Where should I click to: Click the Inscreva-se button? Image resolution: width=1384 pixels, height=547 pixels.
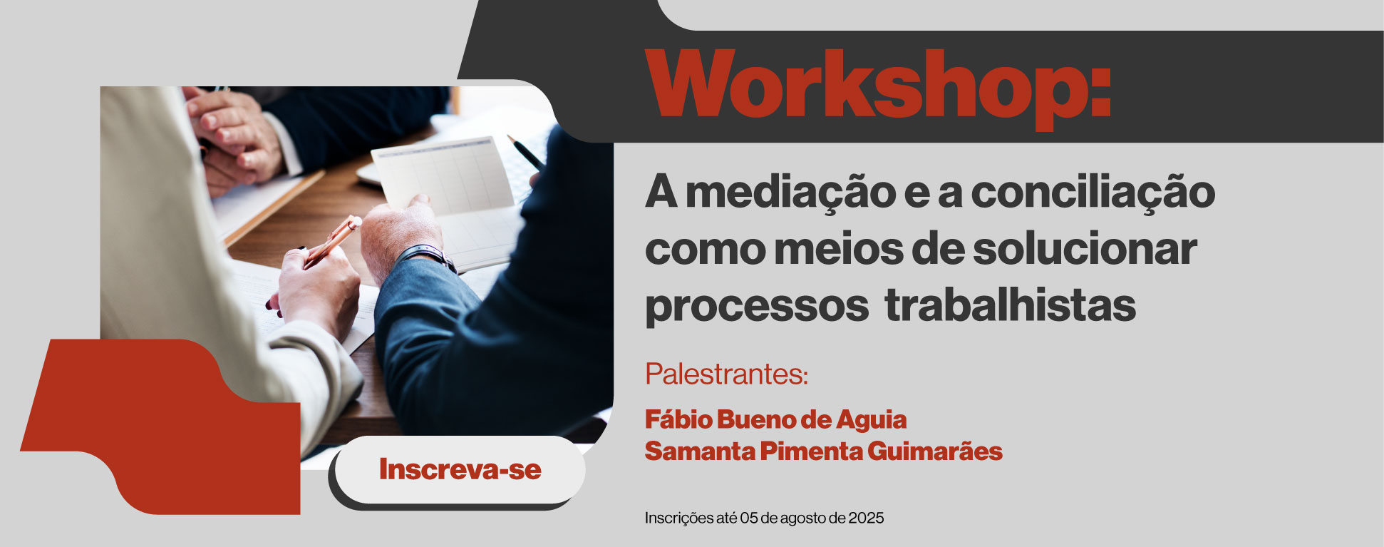coord(460,469)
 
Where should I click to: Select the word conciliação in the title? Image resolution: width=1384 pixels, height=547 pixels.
coord(1093,193)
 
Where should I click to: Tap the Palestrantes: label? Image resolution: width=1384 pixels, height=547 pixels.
coord(726,374)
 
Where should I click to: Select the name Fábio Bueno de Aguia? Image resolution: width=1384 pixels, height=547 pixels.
coord(775,419)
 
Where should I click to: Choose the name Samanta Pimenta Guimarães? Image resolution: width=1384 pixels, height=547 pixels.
coord(823,451)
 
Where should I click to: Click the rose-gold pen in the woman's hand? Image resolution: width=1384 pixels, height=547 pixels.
coord(332,241)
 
